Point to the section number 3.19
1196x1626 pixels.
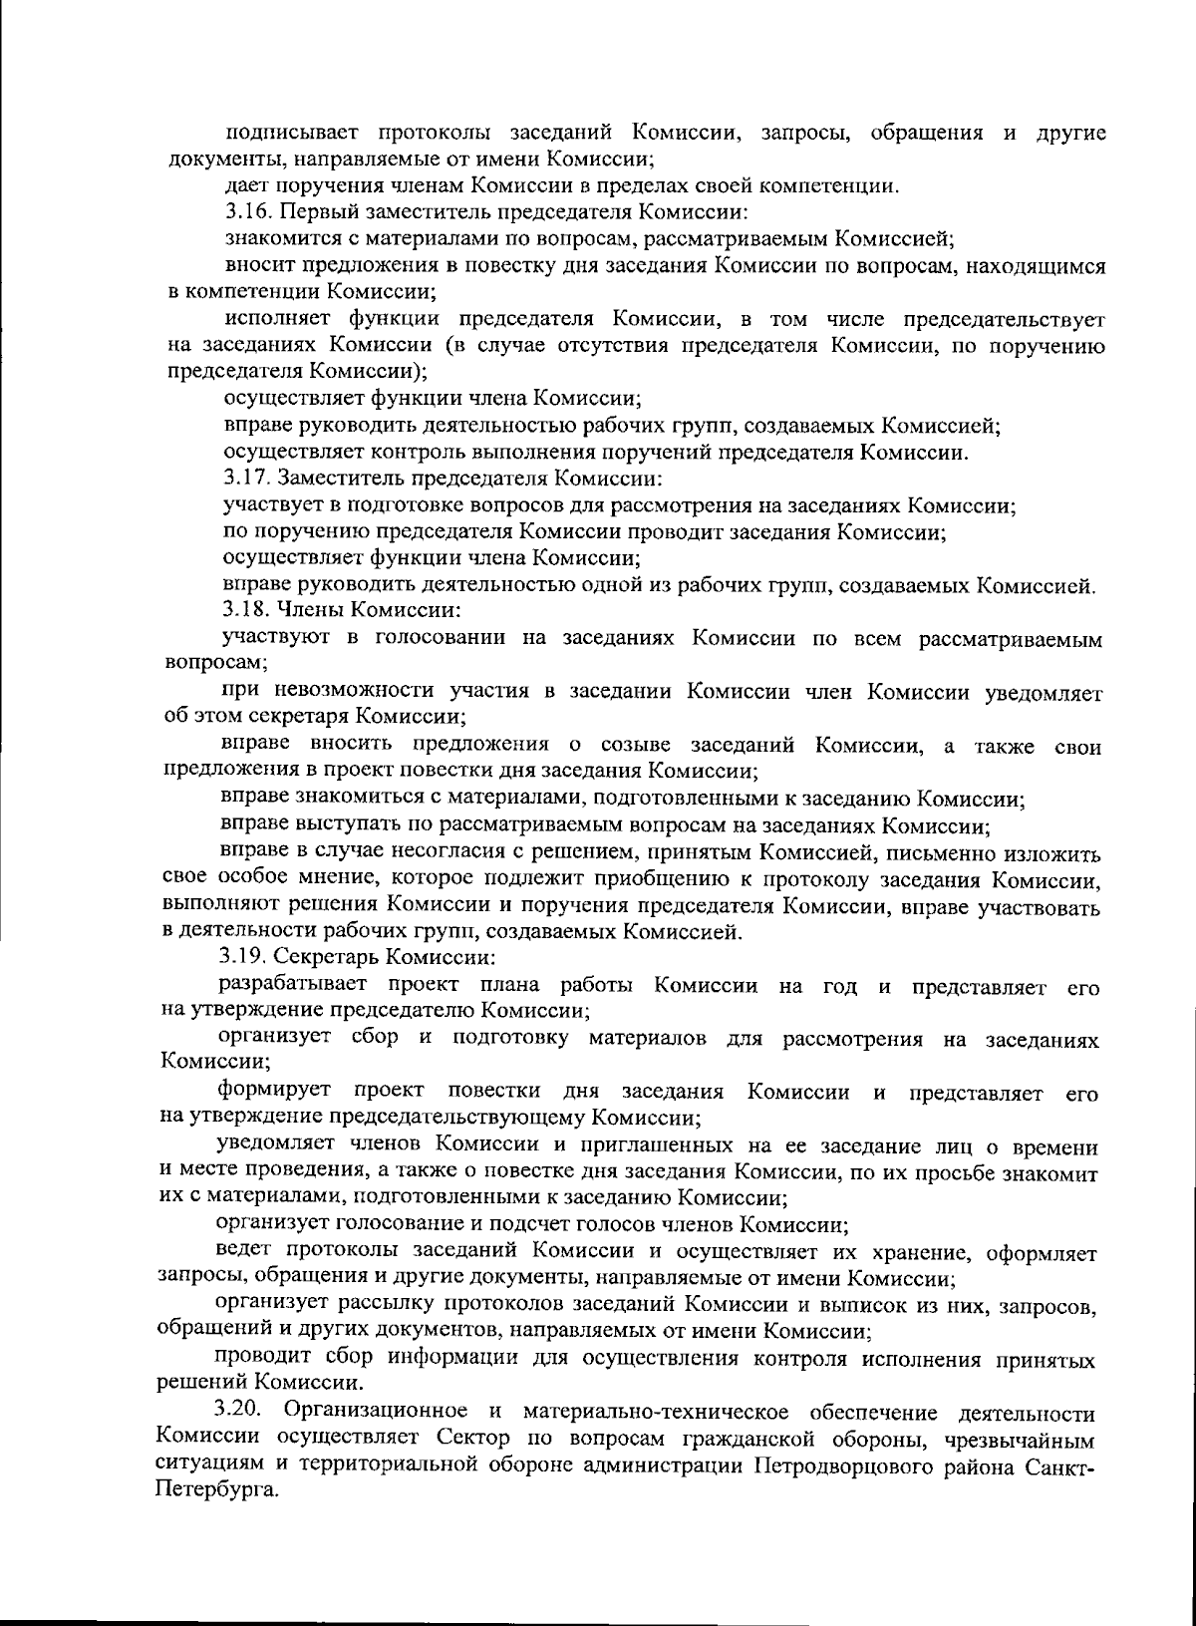pyautogui.click(x=242, y=959)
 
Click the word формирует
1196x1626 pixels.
pyautogui.click(x=275, y=1093)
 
